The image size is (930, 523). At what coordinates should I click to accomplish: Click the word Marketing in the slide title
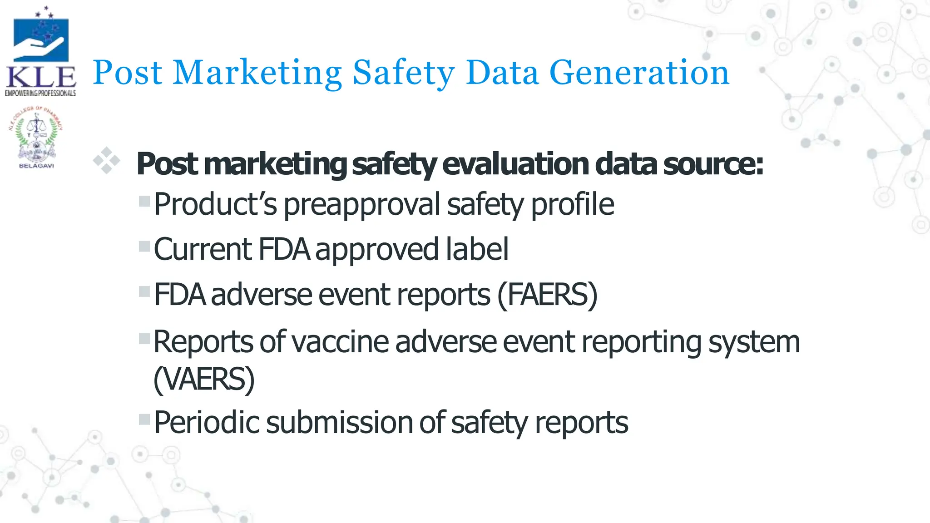tap(257, 73)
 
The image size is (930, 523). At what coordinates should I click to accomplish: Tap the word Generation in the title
tap(639, 73)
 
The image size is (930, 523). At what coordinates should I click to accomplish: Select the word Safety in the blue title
tap(404, 73)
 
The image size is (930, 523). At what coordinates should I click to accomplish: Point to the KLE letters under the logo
tap(41, 78)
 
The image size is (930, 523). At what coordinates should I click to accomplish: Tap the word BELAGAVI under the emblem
tap(36, 166)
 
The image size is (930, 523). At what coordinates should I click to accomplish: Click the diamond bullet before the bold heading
tap(107, 161)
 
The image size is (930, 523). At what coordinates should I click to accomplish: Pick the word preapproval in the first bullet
tap(362, 205)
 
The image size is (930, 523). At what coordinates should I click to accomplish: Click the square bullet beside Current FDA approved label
tap(144, 247)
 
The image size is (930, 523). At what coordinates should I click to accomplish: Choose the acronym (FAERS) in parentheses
tap(548, 295)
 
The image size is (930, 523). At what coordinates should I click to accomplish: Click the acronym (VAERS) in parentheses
tap(204, 379)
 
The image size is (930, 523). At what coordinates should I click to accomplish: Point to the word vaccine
tap(340, 342)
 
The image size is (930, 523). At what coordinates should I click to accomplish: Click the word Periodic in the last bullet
tap(207, 423)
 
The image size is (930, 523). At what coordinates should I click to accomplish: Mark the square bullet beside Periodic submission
tap(144, 419)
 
